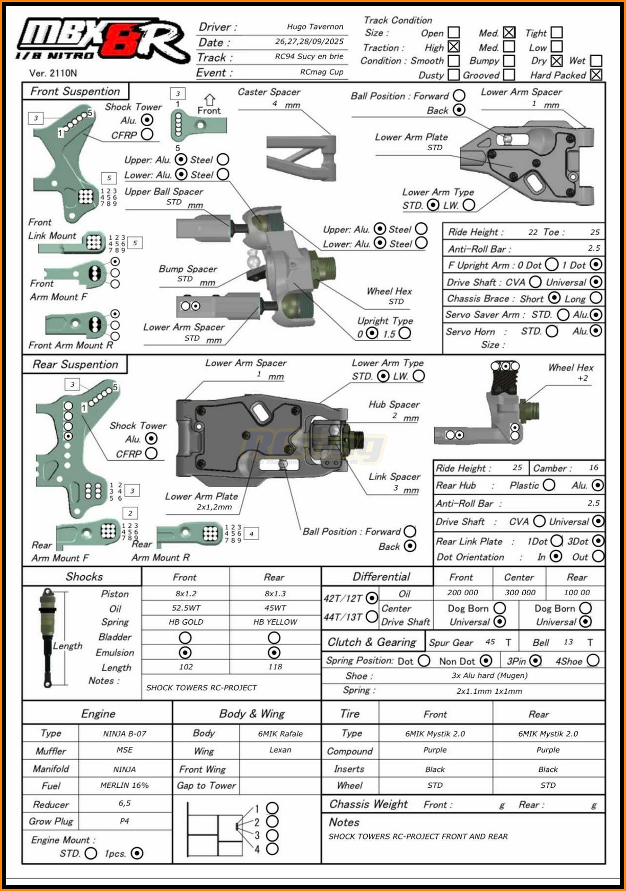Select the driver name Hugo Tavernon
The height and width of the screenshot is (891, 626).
[315, 27]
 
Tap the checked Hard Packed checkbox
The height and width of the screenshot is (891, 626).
[596, 75]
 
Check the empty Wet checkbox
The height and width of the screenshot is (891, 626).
[596, 61]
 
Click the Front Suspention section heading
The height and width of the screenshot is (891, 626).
[75, 91]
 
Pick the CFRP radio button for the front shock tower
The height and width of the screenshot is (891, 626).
[147, 134]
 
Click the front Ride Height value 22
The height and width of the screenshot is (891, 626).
[533, 232]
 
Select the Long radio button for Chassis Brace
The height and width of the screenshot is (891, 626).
[596, 298]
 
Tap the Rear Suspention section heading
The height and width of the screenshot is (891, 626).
[75, 364]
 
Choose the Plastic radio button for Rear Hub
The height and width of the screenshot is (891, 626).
[549, 485]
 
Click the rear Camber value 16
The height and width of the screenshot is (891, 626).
[593, 467]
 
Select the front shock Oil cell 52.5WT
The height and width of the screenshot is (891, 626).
[186, 608]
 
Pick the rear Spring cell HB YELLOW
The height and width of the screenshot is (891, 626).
[275, 622]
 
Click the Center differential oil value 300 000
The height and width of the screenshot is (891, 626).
[520, 593]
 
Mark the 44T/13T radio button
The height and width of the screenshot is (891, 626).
[372, 617]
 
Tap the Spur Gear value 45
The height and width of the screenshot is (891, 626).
[490, 642]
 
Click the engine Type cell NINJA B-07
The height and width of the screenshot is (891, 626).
[124, 734]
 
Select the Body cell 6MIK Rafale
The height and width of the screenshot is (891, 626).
[280, 734]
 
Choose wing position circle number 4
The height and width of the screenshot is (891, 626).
[273, 849]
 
